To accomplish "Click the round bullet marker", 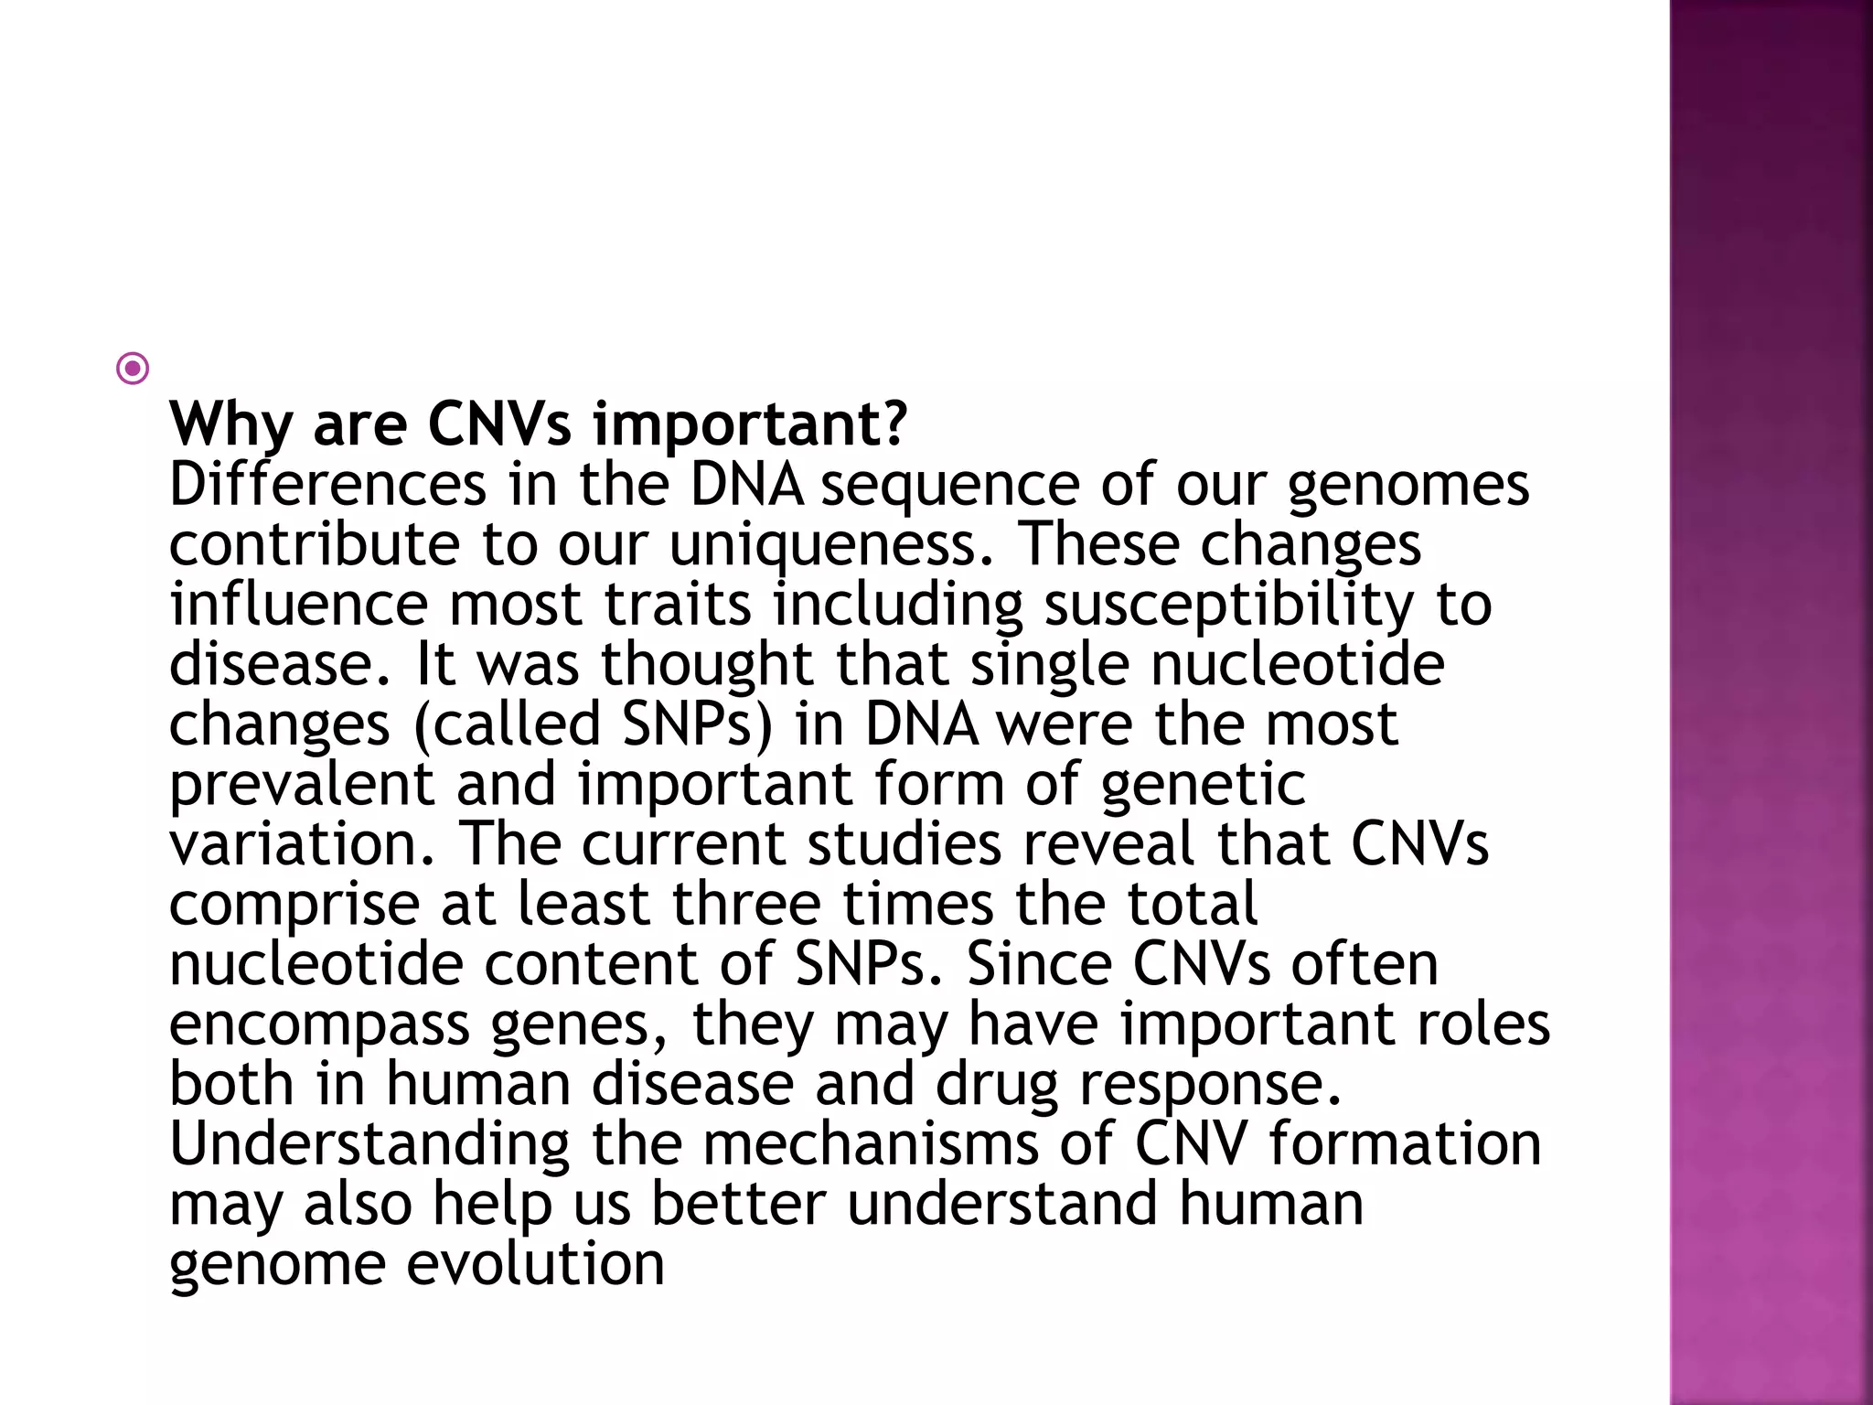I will coord(133,370).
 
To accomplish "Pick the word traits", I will coord(678,606).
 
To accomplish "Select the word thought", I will coord(707,665).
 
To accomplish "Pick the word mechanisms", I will coord(871,1144).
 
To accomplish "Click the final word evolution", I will coord(535,1264).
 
